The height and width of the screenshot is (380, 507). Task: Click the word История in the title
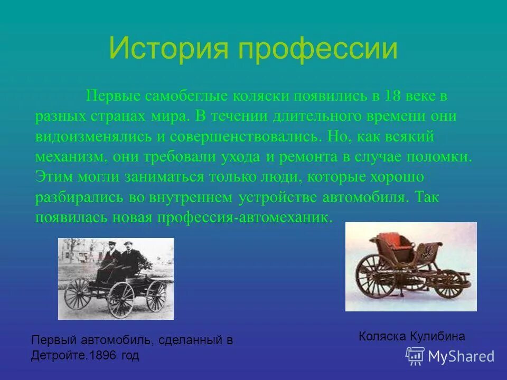pyautogui.click(x=168, y=49)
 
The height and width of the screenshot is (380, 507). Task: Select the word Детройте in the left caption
pyautogui.click(x=56, y=356)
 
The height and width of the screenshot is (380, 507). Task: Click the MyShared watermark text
pyautogui.click(x=461, y=356)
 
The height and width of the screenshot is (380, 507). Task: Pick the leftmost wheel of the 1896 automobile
pyautogui.click(x=78, y=293)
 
